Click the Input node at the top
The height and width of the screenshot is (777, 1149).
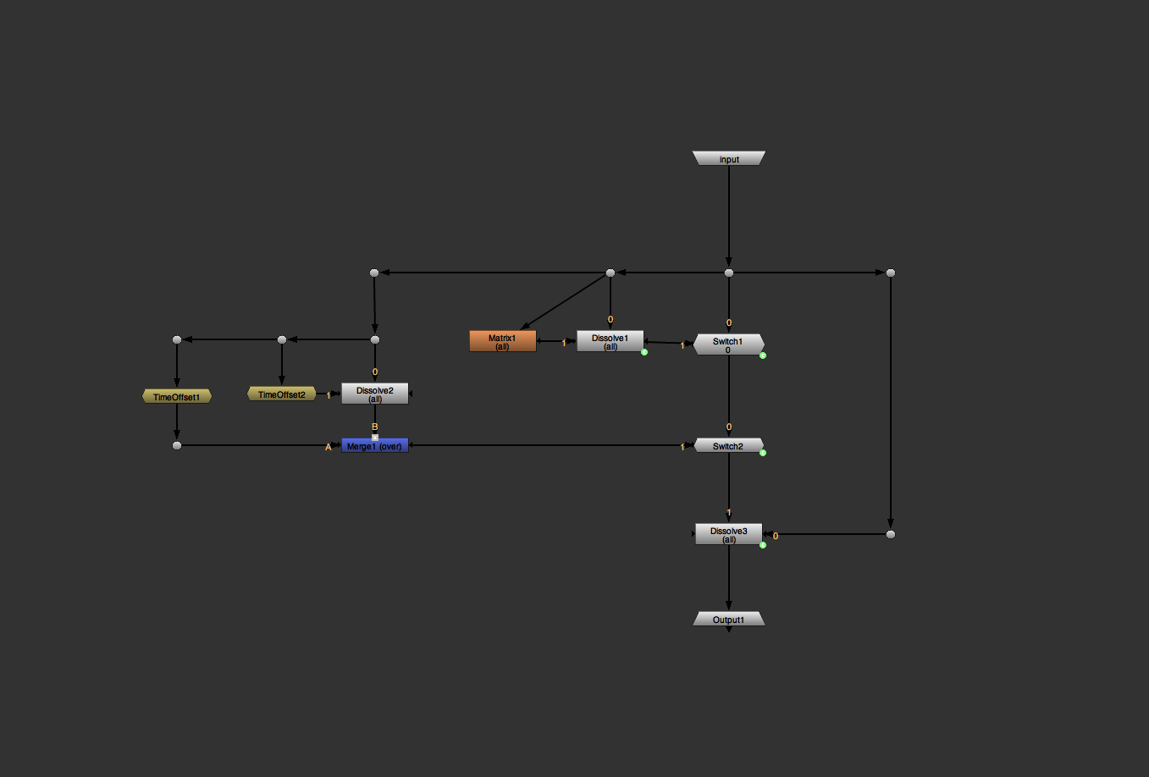tap(728, 158)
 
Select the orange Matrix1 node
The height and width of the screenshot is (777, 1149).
tap(502, 341)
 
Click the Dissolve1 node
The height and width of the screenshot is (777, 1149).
tap(610, 341)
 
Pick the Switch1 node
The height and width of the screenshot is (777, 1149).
tap(728, 344)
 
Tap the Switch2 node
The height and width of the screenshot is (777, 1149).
tap(728, 445)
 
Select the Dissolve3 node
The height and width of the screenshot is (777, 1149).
tap(728, 534)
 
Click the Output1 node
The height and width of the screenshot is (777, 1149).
tap(728, 620)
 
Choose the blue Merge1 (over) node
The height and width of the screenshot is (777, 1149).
tap(374, 445)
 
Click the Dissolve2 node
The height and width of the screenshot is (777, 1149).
tap(374, 394)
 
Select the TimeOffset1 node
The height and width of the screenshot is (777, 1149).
tap(176, 396)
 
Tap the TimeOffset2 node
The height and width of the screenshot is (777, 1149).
tap(281, 394)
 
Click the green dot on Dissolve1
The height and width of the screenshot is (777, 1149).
tap(644, 352)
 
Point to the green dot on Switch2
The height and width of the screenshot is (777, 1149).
tap(763, 453)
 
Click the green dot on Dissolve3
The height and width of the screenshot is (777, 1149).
tap(763, 545)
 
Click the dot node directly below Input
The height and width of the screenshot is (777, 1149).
tap(728, 273)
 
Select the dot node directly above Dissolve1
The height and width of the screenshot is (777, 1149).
tap(610, 273)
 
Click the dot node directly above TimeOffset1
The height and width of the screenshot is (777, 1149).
tap(176, 339)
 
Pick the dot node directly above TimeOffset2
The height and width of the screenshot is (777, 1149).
tap(281, 339)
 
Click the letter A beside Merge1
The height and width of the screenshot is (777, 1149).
tap(329, 447)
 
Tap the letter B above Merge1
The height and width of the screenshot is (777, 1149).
tap(374, 427)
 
